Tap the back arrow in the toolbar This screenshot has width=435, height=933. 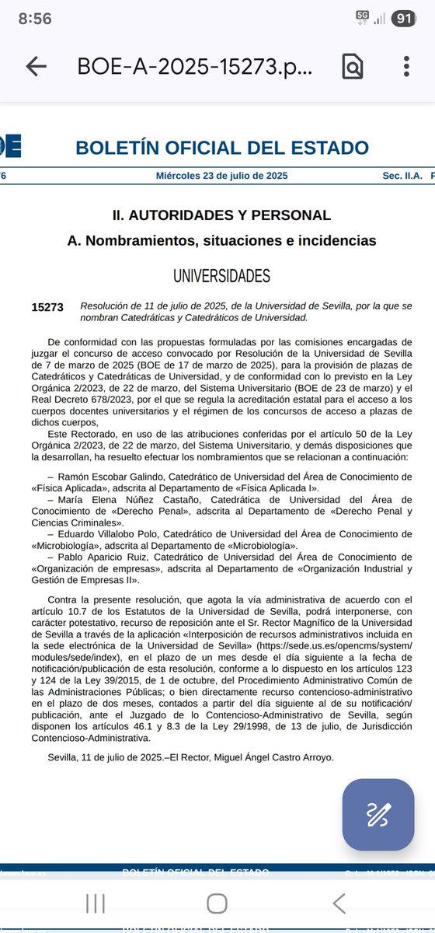(x=37, y=66)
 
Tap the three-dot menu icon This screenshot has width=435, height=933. (x=406, y=66)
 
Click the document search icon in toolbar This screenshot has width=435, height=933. (x=352, y=67)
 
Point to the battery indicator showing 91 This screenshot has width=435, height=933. (x=403, y=19)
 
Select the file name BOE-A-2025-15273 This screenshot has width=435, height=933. (x=194, y=66)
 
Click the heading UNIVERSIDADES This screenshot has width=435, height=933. (x=221, y=276)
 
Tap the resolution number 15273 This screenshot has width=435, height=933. (x=47, y=308)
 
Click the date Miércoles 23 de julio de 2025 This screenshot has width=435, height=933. (x=221, y=176)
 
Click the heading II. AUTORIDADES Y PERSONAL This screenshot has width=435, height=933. (x=221, y=215)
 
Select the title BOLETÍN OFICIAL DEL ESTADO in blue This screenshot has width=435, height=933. (x=221, y=148)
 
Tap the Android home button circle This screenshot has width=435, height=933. (x=217, y=903)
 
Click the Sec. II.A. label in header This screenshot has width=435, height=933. (x=402, y=176)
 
